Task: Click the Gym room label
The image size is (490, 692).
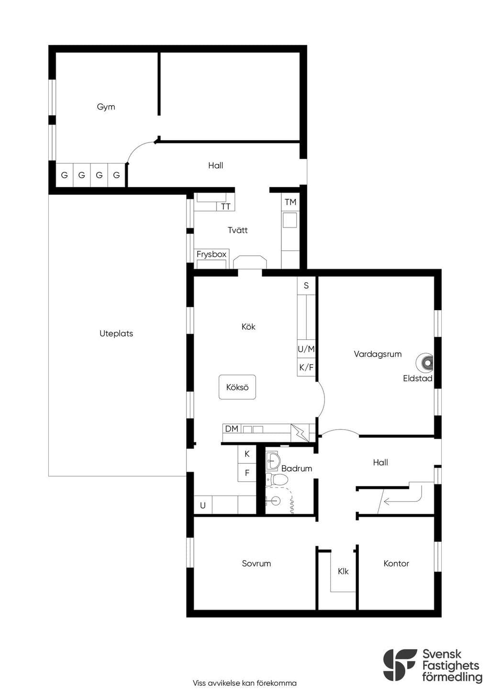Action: coord(106,107)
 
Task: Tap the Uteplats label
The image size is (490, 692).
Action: coord(116,334)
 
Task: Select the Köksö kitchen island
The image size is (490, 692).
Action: coord(237,387)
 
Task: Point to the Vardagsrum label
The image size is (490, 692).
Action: coord(378,354)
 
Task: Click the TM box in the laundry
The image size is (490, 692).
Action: coord(290,202)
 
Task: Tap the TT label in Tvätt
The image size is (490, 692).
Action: coord(225,206)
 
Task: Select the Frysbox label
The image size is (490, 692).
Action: coord(212,254)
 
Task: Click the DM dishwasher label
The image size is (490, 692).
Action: coord(232,429)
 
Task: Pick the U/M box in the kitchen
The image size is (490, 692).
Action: coord(306,349)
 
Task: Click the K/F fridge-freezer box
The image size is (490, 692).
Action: coord(306,368)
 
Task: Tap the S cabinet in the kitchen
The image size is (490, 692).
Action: coord(306,285)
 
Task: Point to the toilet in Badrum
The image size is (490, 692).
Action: coord(277,479)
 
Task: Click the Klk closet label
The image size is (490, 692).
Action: coord(343,572)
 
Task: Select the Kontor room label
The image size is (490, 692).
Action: coord(396,563)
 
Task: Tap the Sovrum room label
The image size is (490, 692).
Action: coord(256,563)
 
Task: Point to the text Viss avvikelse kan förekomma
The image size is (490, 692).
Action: coord(245,683)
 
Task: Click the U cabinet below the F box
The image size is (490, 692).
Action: coord(203,506)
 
